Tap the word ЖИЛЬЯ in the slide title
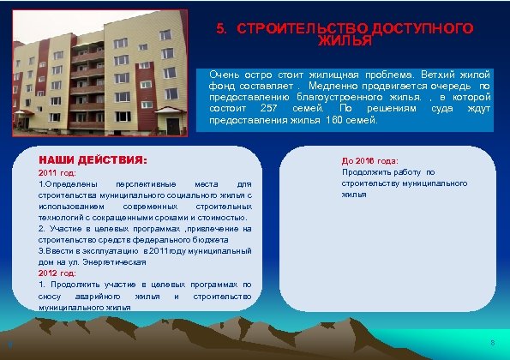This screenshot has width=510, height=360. pos(345,40)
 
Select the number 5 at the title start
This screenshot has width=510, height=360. pos(220,28)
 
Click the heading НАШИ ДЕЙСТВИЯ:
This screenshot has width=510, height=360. pos(93,160)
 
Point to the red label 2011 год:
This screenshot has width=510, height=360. pos(58,173)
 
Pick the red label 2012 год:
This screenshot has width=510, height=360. pos(58,273)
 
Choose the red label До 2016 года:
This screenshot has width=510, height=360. pos(369,161)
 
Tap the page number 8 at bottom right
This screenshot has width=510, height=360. pos(492,344)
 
